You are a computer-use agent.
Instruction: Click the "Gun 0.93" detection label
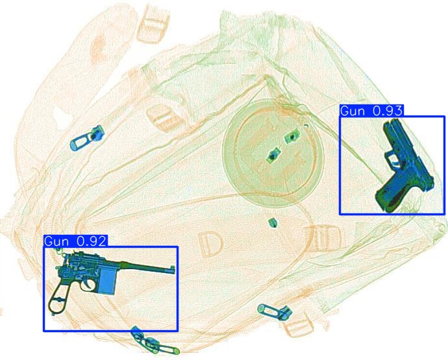tap(371, 110)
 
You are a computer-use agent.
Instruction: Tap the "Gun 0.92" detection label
tap(76, 241)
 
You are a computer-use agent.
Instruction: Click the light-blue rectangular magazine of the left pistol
tap(107, 282)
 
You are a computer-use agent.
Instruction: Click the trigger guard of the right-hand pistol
tap(392, 158)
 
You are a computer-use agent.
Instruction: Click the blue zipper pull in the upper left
tap(86, 138)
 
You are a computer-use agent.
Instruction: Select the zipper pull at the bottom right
tap(274, 312)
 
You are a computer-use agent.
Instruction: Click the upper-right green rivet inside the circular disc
tap(292, 136)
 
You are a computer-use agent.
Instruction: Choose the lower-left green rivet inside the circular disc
tap(273, 155)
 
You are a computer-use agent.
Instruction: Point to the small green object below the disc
tap(273, 222)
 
